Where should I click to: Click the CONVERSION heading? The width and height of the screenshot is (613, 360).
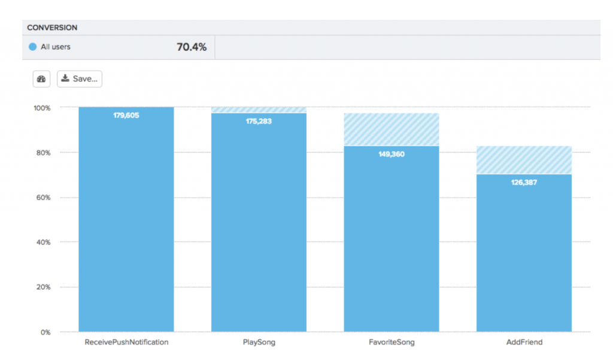tap(52, 28)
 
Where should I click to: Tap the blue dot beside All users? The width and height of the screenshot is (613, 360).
tap(33, 47)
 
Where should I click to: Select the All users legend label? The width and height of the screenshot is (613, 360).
tap(55, 47)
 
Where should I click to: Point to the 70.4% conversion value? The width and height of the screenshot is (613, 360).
tap(192, 47)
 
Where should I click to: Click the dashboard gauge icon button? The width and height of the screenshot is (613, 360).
tap(41, 79)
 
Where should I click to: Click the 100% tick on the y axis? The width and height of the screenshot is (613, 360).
tap(42, 108)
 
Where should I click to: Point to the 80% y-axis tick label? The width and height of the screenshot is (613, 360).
tap(43, 153)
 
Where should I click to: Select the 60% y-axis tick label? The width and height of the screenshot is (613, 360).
tap(43, 198)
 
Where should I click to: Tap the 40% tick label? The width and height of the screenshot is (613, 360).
tap(43, 243)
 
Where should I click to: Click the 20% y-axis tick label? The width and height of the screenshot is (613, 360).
tap(43, 287)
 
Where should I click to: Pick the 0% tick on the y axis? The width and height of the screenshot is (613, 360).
tap(45, 332)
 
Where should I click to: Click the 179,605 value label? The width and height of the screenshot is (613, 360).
tap(126, 115)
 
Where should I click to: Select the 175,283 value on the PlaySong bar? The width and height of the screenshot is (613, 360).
tap(259, 121)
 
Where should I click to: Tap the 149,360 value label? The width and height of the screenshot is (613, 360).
tap(392, 154)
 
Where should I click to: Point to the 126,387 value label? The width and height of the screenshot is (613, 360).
tap(524, 182)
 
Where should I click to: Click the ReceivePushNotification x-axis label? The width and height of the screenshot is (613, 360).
tap(126, 343)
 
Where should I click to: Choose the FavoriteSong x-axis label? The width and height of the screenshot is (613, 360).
tap(392, 343)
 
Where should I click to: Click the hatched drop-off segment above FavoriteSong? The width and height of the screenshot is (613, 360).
tap(392, 129)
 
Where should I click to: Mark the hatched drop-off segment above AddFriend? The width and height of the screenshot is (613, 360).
tap(524, 160)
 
